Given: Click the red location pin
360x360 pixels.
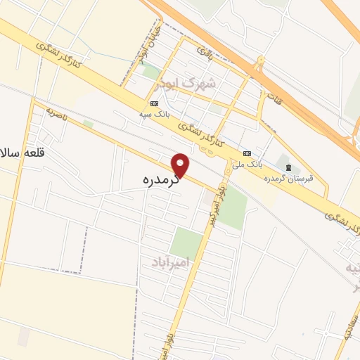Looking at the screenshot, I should [181, 165].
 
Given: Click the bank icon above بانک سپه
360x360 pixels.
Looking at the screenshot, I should [154, 103].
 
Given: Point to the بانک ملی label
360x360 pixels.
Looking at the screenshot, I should [251, 163].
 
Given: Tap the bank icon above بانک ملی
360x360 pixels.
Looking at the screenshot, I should [247, 153].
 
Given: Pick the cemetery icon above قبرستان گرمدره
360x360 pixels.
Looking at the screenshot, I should [288, 167].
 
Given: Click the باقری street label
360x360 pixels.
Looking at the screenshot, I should [204, 52].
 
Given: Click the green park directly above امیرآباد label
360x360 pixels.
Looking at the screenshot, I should [186, 243].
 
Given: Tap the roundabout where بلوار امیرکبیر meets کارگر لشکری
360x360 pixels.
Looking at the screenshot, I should [228, 169].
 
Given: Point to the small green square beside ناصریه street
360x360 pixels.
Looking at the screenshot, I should [88, 124].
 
